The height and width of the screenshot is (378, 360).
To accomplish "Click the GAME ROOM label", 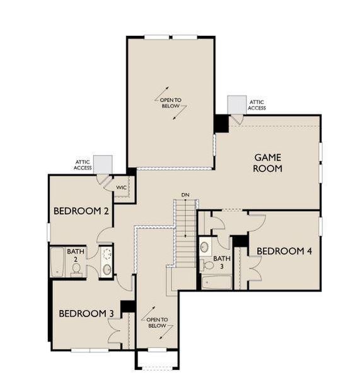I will (x=268, y=163).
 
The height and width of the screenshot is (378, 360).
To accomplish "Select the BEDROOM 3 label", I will (x=86, y=313).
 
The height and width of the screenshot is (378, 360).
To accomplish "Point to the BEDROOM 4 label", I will (x=284, y=251).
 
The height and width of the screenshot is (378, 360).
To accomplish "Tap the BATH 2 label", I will (x=76, y=255).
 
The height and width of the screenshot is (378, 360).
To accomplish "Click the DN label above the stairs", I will (x=185, y=195).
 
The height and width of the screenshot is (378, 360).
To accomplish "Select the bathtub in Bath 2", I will (x=57, y=262).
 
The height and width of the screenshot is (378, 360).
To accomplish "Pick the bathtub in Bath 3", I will (x=216, y=282).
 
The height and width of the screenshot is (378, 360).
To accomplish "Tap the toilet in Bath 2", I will (x=76, y=270).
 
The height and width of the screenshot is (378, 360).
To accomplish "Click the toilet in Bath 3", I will (x=205, y=247).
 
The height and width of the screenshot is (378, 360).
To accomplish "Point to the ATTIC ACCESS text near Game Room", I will (x=257, y=105).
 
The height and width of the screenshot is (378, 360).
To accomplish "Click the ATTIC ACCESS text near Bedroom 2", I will (x=83, y=165).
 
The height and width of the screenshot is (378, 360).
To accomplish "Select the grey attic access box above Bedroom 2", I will (x=102, y=163).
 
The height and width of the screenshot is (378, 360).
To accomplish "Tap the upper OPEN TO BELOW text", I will (x=171, y=103).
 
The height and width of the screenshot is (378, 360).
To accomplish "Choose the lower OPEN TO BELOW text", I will (x=157, y=323).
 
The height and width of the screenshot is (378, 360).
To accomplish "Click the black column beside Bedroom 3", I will (x=128, y=306).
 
